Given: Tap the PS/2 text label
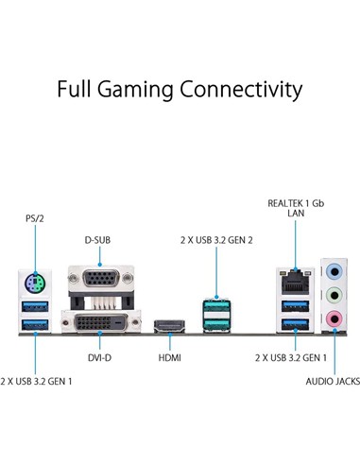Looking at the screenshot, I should (x=34, y=218).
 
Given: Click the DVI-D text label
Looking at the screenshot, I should (x=97, y=359).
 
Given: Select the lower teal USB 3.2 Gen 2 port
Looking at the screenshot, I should (x=216, y=325).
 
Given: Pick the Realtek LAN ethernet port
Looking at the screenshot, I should (x=294, y=281).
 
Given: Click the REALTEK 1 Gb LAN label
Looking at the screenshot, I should (x=295, y=207).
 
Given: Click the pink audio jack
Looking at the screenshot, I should (x=333, y=322).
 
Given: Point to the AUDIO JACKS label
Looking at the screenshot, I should (x=331, y=383).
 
